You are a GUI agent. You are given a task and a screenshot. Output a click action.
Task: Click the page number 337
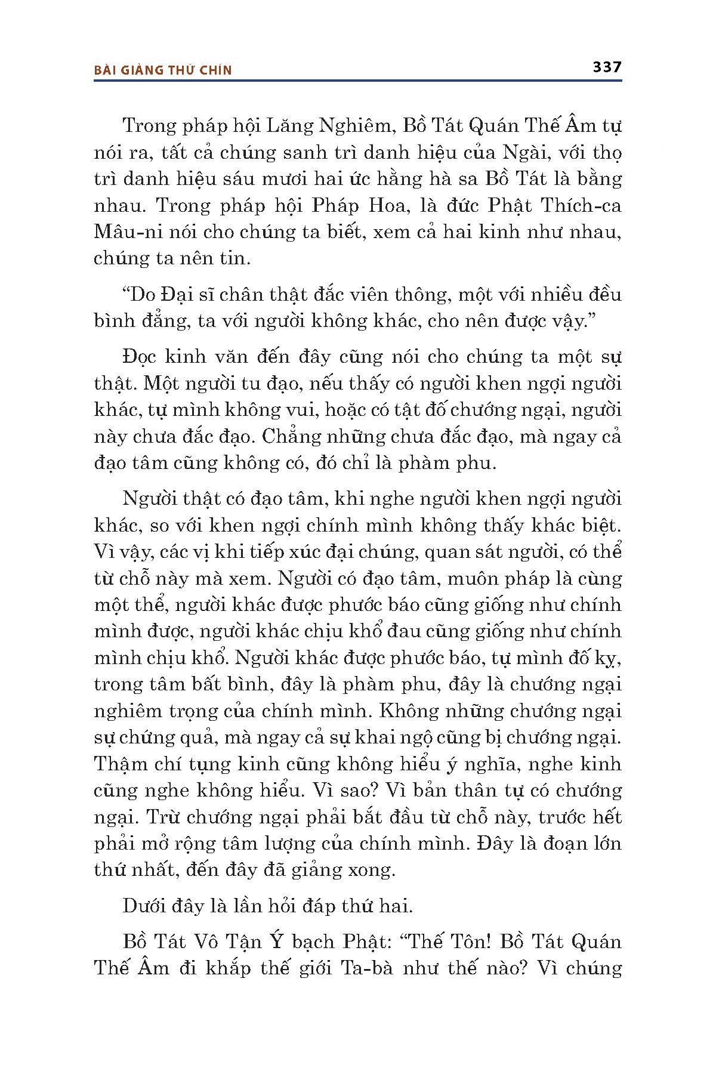tap(607, 67)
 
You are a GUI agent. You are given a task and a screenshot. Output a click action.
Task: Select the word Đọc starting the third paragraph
tap(141, 357)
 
